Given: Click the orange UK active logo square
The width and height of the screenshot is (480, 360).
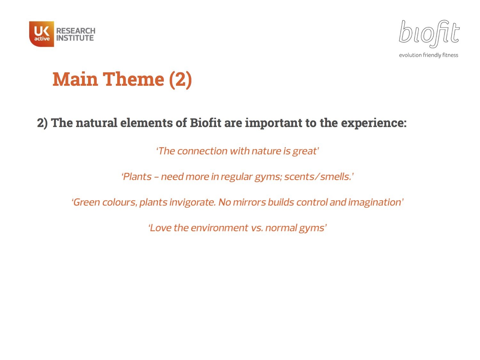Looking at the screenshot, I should coord(42,34).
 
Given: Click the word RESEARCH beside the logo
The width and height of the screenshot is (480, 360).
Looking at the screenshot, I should coord(76,31).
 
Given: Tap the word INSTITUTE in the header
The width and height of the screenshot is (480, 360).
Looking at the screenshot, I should coord(75,38).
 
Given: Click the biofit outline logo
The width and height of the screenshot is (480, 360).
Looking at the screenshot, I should coord(429,34).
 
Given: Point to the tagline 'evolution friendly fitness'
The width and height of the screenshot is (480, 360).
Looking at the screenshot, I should coord(428,55).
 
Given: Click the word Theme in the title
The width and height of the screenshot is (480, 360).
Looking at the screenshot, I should coord(133,79).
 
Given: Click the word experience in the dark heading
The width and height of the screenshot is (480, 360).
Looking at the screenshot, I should coord(373,123).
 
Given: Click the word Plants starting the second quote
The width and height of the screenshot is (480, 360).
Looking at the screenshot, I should coord(137,177).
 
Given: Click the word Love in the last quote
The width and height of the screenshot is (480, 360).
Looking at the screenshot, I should coord(161,228).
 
